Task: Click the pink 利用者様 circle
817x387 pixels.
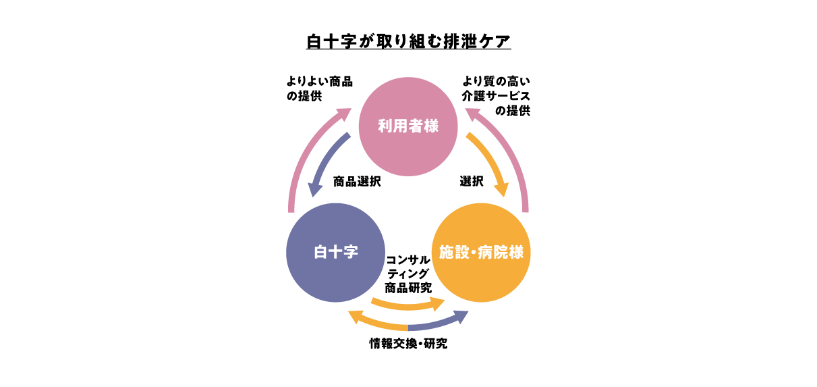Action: click(408, 126)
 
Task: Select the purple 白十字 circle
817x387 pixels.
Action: click(335, 253)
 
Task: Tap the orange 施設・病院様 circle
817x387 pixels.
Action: click(481, 253)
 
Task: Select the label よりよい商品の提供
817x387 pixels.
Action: click(319, 88)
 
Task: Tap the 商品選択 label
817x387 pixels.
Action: click(357, 182)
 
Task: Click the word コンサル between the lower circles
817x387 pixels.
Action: click(408, 259)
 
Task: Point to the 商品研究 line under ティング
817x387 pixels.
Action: click(408, 287)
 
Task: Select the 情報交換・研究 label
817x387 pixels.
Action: click(408, 344)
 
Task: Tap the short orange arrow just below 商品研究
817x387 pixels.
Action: click(408, 305)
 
